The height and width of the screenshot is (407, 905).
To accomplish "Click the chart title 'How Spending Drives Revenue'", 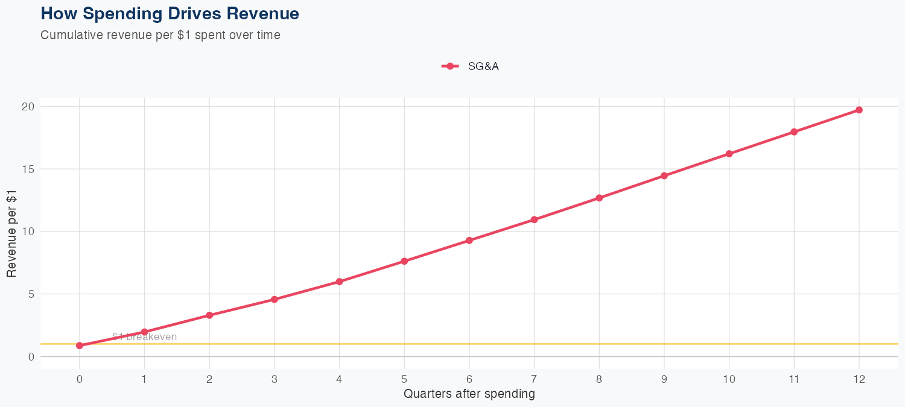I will coord(170,13).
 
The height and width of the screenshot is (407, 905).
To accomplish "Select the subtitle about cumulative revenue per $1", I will coord(160,35).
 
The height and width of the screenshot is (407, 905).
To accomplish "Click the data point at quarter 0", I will coord(80,345).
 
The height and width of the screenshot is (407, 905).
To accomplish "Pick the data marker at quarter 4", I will coord(339,282).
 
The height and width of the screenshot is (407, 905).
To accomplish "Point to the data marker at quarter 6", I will coord(469,241).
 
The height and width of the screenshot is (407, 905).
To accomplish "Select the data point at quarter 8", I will coord(599,198).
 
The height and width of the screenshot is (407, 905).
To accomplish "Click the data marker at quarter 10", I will coord(729,154).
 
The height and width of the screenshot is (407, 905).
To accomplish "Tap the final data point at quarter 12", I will coord(859,110).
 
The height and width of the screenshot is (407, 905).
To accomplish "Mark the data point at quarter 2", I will coord(209,315).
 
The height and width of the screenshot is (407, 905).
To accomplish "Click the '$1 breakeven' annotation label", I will coord(145,337).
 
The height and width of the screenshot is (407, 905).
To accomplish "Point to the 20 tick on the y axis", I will coord(28,107).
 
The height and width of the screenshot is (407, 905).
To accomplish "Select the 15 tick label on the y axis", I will coord(28,169).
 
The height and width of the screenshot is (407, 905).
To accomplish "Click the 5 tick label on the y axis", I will coord(30,294).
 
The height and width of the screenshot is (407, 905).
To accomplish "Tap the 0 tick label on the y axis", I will coord(30,357).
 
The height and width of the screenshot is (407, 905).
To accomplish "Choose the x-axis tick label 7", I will coord(534,379).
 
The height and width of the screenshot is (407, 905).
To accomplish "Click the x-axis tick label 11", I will coord(794,379).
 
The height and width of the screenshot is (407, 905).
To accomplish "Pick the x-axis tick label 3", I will coord(275,379).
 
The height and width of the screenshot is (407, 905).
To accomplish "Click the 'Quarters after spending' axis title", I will coord(469,394).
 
